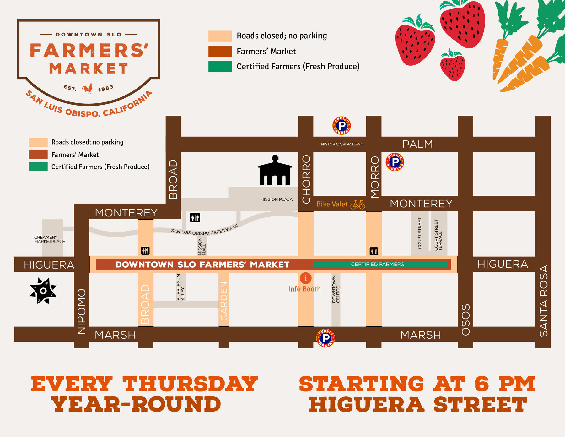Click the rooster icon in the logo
pyautogui.click(x=88, y=89)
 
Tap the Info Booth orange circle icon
pyautogui.click(x=305, y=278)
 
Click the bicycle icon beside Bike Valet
pyautogui.click(x=358, y=205)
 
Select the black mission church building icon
pyautogui.click(x=275, y=171)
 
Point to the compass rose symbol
pyautogui.click(x=43, y=291)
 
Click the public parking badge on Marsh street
pyautogui.click(x=326, y=338)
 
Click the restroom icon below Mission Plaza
pyautogui.click(x=195, y=217)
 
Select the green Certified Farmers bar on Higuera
pyautogui.click(x=380, y=264)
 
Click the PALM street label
pyautogui.click(x=417, y=144)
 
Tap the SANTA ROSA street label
pyautogui.click(x=543, y=301)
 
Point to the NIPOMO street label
pyautogui.click(x=82, y=311)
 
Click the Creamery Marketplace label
pyautogui.click(x=49, y=239)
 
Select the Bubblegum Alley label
pyautogui.click(x=180, y=287)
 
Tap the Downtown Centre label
pyautogui.click(x=336, y=289)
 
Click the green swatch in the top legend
pyautogui.click(x=220, y=66)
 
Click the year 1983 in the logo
pyautogui.click(x=105, y=88)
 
